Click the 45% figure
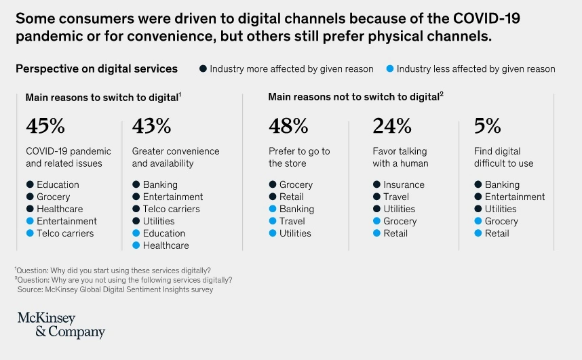[45, 126]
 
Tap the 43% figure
[151, 126]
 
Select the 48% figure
[288, 126]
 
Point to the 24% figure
[392, 126]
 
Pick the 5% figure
[488, 126]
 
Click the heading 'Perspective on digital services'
[96, 68]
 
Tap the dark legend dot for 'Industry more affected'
[203, 68]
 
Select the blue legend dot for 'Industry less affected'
[389, 68]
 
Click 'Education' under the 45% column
[58, 184]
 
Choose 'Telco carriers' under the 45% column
[65, 233]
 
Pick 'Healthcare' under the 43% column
[166, 245]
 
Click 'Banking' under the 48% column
[296, 209]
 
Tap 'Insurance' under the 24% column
[404, 184]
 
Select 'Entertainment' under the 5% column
[515, 197]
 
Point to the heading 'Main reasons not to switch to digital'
[353, 97]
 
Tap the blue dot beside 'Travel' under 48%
[273, 221]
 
